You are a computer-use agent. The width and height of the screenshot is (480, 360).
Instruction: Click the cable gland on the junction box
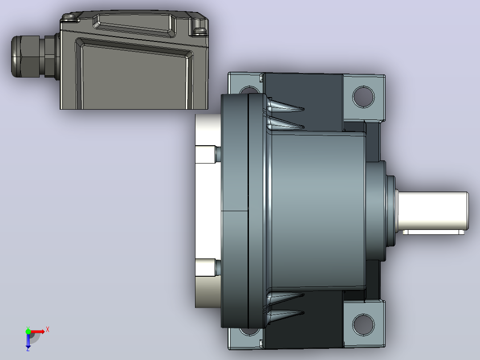[34, 57]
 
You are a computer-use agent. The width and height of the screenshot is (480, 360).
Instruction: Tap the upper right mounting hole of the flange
[363, 97]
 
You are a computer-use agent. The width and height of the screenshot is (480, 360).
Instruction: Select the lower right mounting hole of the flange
[363, 325]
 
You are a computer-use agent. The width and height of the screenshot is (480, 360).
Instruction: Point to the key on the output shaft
[433, 232]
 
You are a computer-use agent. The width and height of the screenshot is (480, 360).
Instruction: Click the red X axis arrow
[38, 331]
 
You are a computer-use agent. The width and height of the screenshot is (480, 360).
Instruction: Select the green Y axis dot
[28, 331]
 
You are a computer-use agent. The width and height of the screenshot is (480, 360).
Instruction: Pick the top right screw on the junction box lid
[200, 30]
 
